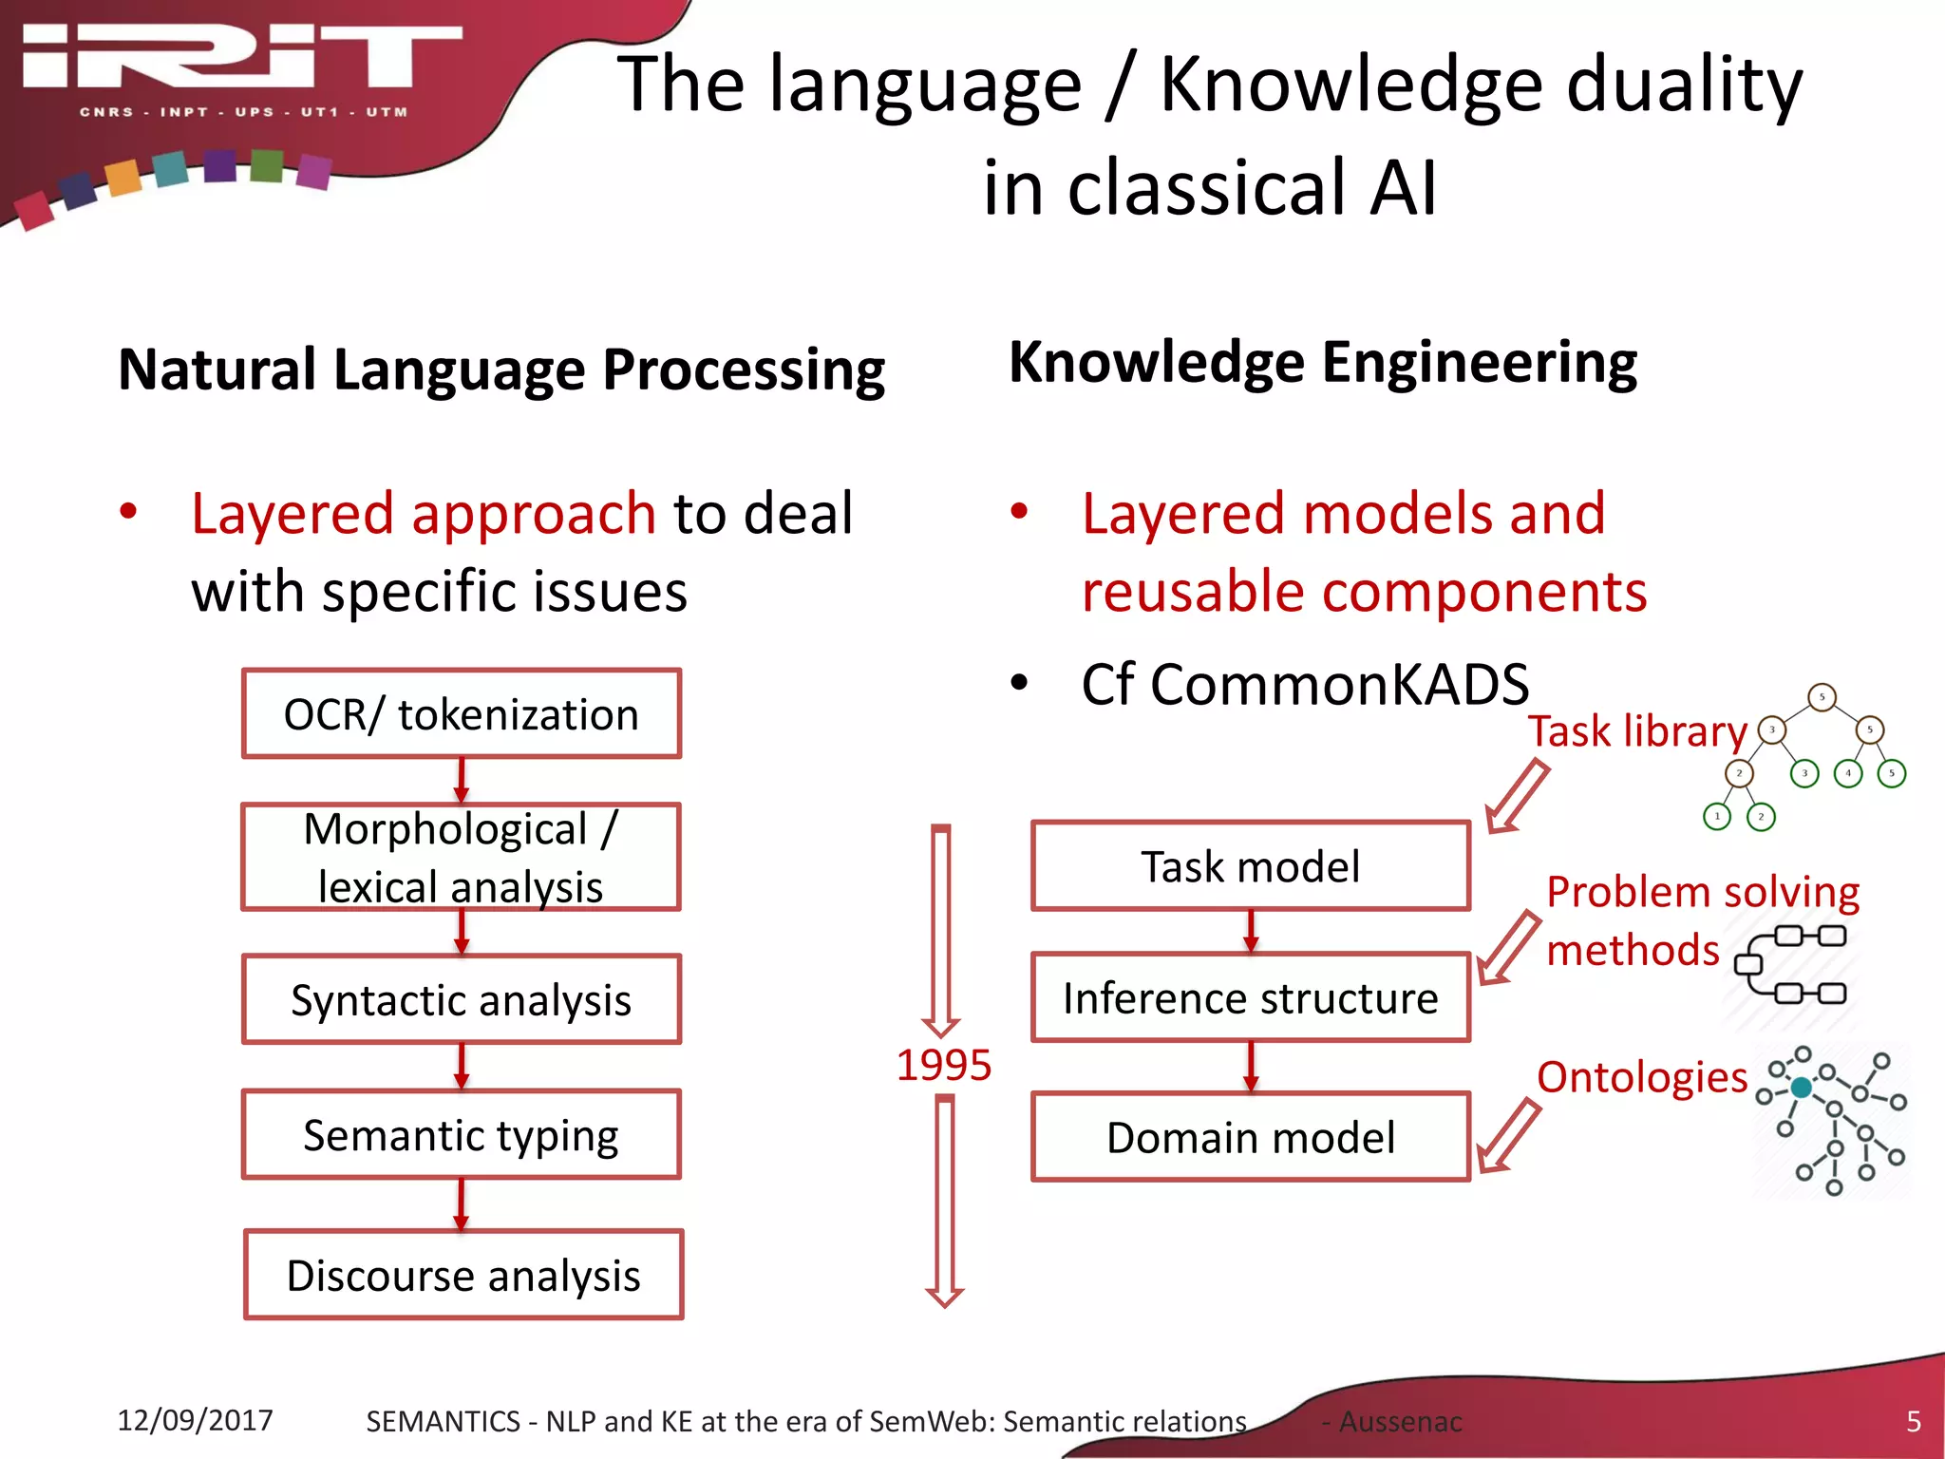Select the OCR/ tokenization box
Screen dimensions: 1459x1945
click(462, 714)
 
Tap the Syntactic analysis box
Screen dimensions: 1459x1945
click(462, 1000)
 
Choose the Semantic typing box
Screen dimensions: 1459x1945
click(462, 1135)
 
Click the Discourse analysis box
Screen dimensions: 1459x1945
click(463, 1276)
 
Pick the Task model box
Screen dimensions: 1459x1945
click(1251, 866)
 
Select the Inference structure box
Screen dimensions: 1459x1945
click(1251, 998)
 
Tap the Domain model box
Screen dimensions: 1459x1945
click(1251, 1137)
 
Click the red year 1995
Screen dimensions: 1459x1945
click(944, 1065)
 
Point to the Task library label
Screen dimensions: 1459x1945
click(1637, 731)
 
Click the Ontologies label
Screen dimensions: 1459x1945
click(1642, 1077)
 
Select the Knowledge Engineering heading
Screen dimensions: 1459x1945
click(1323, 363)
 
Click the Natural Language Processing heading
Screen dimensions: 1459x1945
click(501, 369)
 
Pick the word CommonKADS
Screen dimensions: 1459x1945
click(1339, 684)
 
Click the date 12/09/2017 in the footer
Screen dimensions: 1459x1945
click(195, 1420)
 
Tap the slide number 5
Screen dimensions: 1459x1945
click(1914, 1421)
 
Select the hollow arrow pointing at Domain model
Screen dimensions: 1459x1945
click(1508, 1137)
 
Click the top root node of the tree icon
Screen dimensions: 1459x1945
click(1822, 697)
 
